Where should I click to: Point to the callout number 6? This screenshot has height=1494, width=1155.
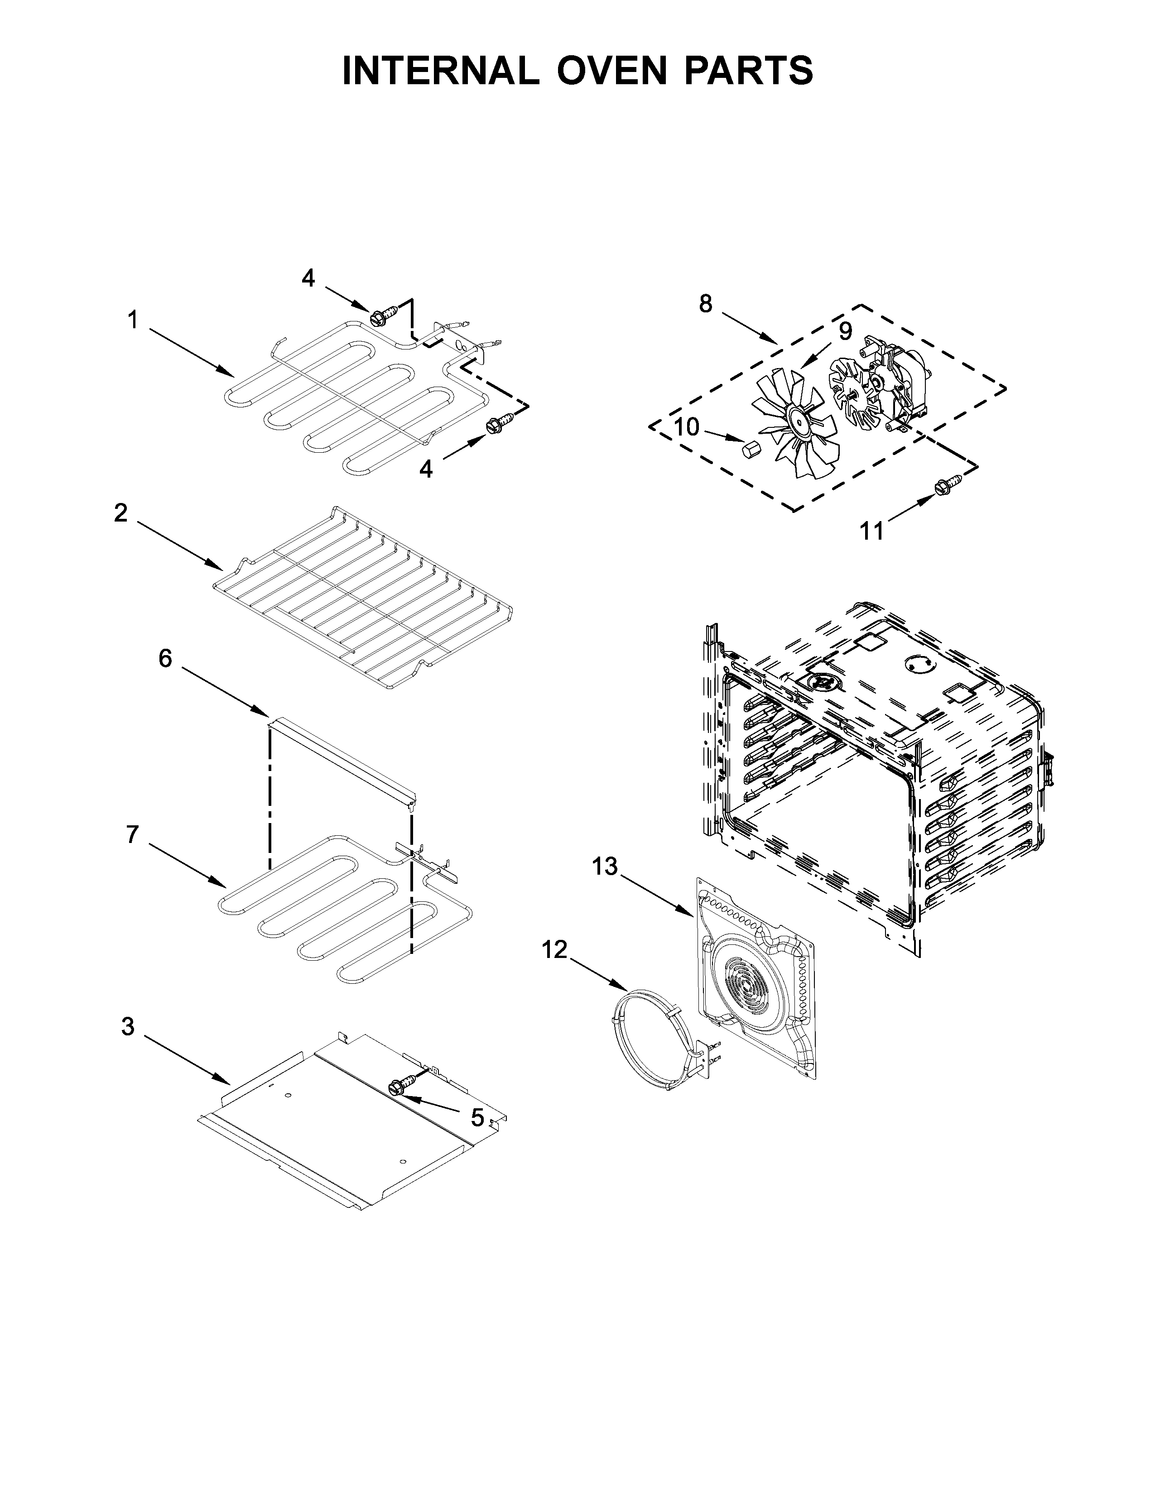[166, 659]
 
